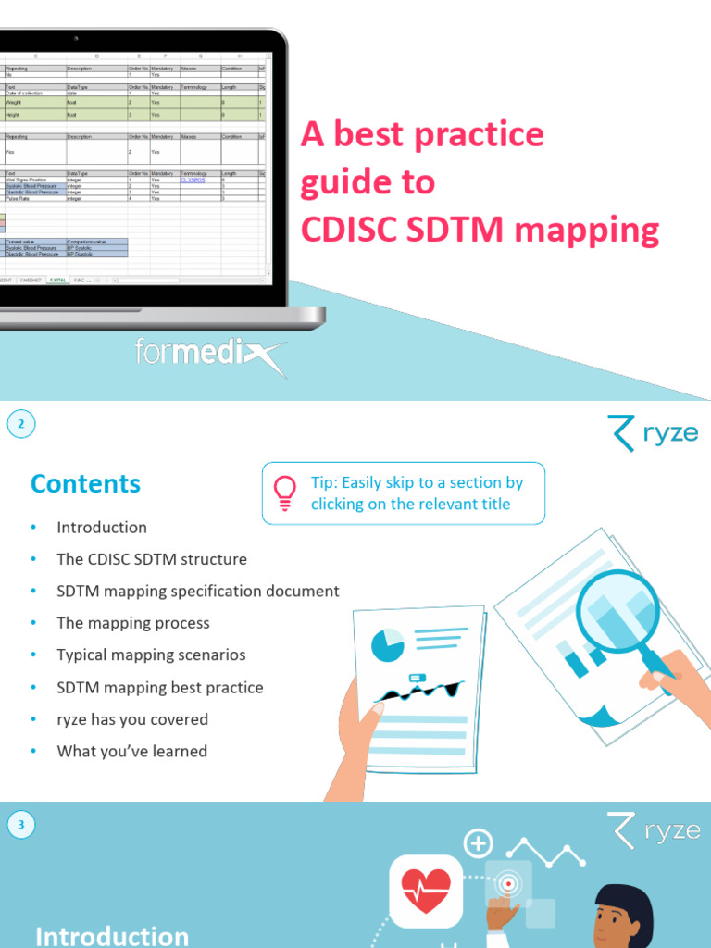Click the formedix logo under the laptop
tap(208, 356)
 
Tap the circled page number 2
tap(22, 425)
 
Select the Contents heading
tap(85, 483)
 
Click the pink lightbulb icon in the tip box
tap(286, 493)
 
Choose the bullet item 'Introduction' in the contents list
tap(102, 528)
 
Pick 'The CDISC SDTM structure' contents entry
tap(152, 559)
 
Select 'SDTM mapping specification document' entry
tap(198, 591)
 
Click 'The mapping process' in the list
tap(133, 623)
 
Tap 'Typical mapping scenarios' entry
tap(151, 655)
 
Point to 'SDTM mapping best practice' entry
tap(160, 687)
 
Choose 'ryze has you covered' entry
tap(132, 719)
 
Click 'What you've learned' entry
tap(131, 751)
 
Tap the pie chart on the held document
tap(387, 644)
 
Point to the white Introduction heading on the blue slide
tap(111, 935)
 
